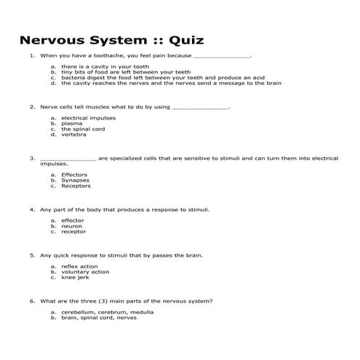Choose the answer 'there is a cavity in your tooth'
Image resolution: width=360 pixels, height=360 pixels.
click(105, 67)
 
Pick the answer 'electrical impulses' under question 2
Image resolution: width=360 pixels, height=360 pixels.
click(87, 118)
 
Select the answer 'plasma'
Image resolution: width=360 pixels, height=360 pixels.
click(72, 124)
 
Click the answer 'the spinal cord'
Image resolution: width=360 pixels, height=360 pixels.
click(83, 129)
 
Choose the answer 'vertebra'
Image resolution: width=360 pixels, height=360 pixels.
click(74, 135)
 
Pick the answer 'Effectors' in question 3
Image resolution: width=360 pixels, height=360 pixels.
click(75, 175)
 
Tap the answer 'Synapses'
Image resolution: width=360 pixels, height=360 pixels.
click(76, 180)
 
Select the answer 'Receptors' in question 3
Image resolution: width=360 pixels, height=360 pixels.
click(76, 186)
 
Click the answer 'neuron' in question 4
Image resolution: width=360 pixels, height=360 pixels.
click(72, 226)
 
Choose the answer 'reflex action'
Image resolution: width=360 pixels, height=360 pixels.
click(80, 266)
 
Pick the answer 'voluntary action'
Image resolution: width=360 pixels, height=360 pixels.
click(85, 272)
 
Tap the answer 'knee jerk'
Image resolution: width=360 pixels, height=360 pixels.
click(76, 278)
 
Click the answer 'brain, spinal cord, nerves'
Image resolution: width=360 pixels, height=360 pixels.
click(99, 318)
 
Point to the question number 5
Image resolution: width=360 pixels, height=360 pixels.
click(32, 255)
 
